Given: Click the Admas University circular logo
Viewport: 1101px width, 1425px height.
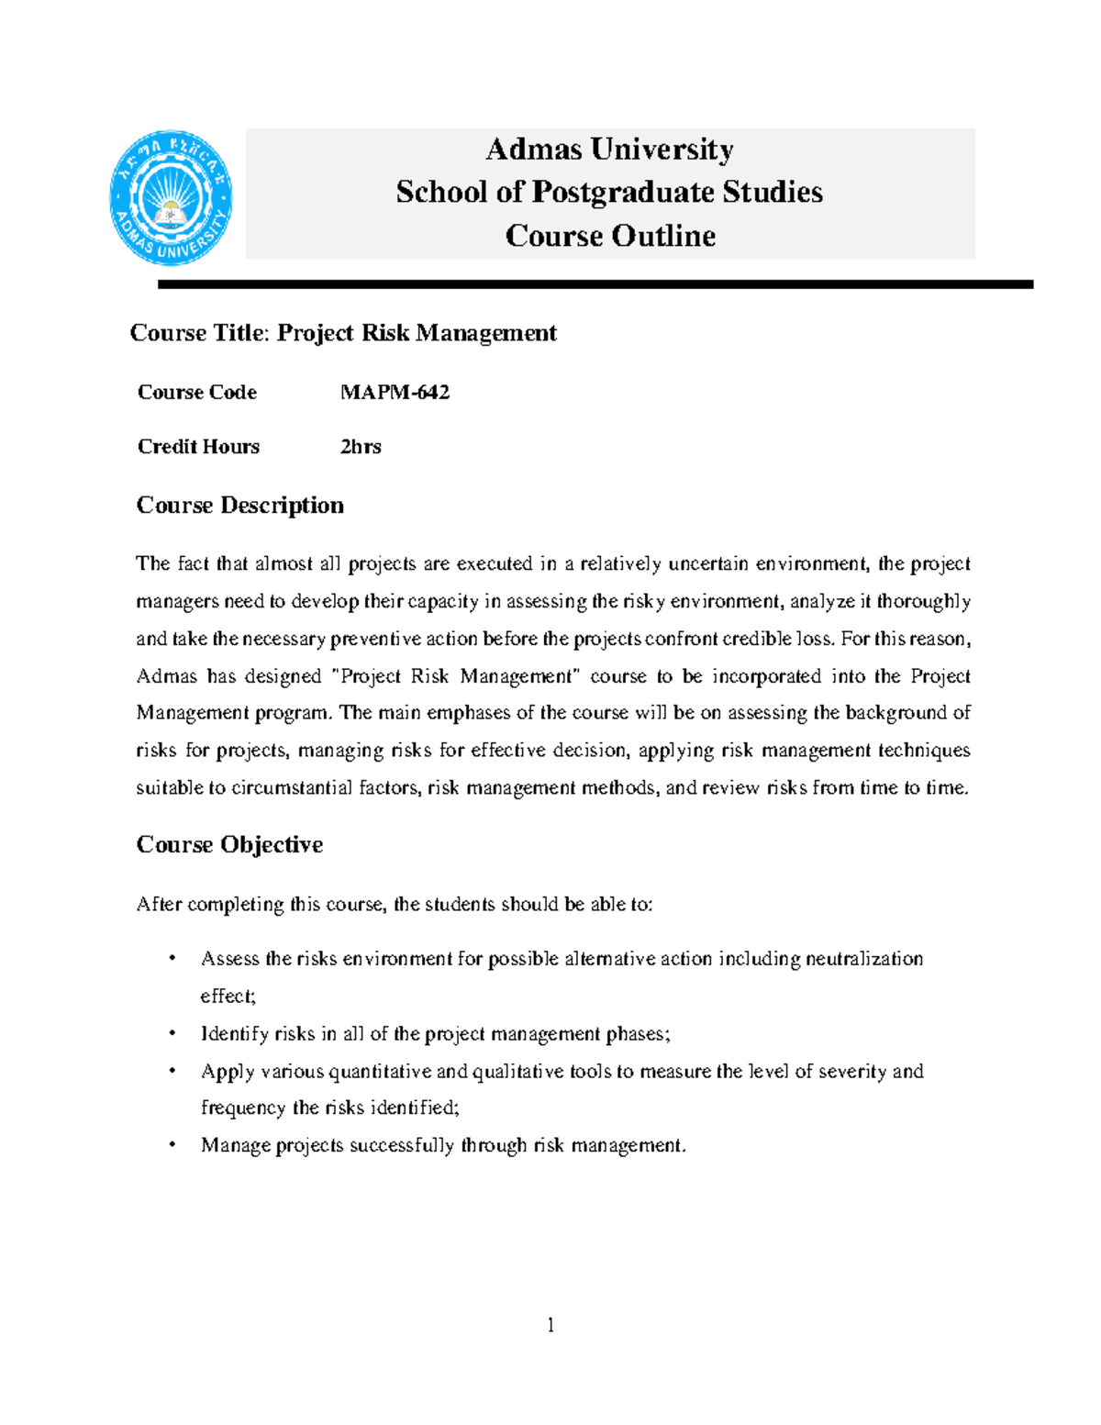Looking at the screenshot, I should coord(171,197).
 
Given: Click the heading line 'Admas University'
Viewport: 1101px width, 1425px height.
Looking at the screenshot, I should coord(609,149).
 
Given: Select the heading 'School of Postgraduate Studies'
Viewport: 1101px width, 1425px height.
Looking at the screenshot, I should coord(609,192).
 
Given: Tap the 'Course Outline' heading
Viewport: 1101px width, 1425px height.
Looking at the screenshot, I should coord(610,236).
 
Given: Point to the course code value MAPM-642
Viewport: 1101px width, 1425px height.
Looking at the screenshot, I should coord(395,393).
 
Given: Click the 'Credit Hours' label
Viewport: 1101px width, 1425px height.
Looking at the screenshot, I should coord(198,447).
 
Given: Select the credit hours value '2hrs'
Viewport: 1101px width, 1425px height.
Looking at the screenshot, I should coord(361,447).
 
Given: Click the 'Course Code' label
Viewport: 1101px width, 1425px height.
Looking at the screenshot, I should coord(196,393).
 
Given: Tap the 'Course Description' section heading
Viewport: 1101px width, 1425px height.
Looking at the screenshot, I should coord(239,506).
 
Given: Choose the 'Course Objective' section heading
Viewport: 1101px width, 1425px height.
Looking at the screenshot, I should coord(229,845).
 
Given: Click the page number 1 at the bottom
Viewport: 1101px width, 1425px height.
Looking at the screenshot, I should coord(550,1324).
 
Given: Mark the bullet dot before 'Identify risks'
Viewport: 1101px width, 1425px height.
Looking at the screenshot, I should coord(172,1034).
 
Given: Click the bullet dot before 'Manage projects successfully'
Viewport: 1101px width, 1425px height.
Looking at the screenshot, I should coord(172,1145).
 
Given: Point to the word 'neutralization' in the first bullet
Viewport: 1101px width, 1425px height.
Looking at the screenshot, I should coord(864,959).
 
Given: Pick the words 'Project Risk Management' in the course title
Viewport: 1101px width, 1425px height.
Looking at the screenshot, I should coord(417,333).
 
